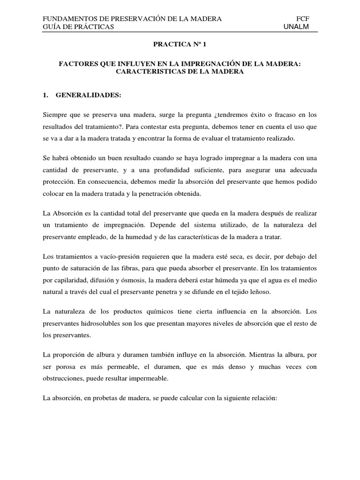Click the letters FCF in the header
tap(304, 19)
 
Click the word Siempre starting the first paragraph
tap(54, 115)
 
